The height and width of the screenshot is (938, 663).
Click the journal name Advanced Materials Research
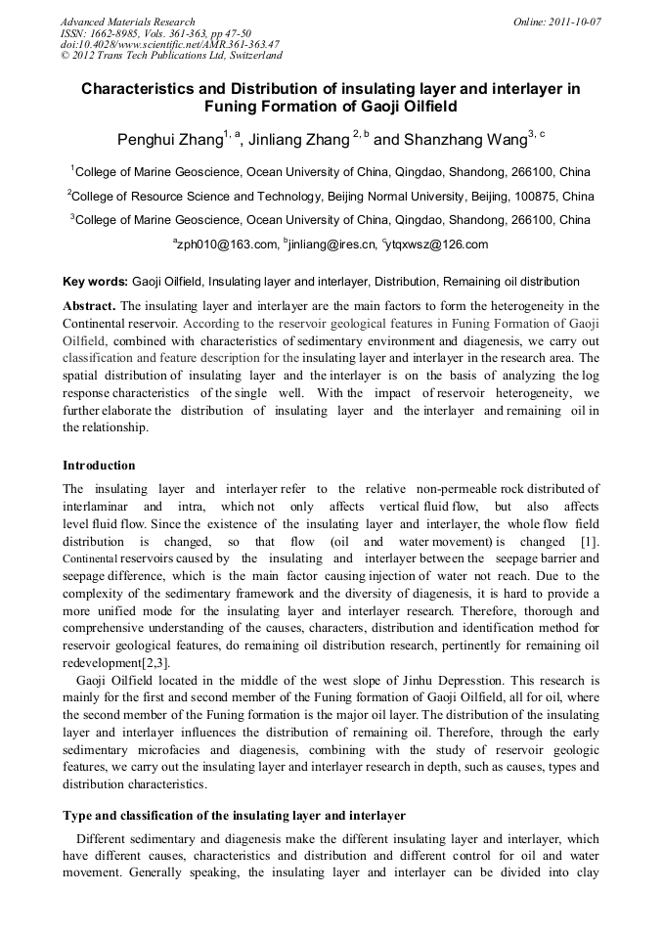point(128,22)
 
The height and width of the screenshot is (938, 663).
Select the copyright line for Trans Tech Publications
point(171,56)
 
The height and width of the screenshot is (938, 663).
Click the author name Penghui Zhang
point(169,140)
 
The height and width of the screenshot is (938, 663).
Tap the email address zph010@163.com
point(225,245)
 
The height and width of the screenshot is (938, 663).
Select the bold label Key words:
point(95,282)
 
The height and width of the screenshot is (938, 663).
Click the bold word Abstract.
point(89,305)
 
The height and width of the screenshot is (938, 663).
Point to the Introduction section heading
point(99,465)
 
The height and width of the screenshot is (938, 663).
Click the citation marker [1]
point(589,541)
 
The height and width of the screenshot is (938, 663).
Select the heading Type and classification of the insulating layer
point(234,815)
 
